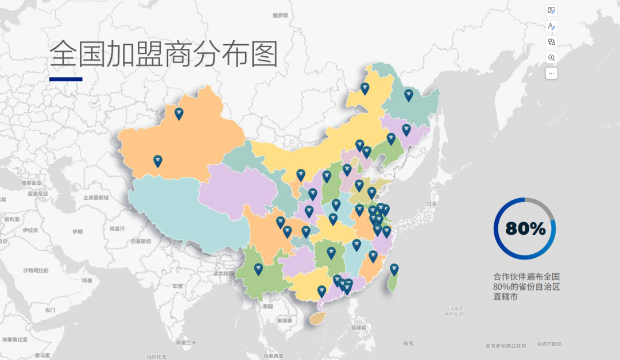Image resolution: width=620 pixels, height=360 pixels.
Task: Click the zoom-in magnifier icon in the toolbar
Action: pyautogui.click(x=552, y=57)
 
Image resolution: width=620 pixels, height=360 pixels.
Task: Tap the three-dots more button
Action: pyautogui.click(x=552, y=73)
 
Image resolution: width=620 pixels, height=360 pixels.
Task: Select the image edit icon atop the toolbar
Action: pyautogui.click(x=552, y=10)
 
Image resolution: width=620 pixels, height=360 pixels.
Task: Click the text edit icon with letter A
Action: pyautogui.click(x=552, y=26)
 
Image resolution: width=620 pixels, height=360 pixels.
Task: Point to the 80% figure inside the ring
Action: pyautogui.click(x=525, y=229)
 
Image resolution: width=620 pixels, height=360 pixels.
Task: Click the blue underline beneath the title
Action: pyautogui.click(x=65, y=79)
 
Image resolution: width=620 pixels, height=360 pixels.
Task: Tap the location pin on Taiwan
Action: pyautogui.click(x=394, y=269)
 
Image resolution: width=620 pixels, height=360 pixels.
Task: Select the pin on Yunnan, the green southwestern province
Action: pyautogui.click(x=258, y=268)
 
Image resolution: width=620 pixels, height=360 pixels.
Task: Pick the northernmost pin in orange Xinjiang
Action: pyautogui.click(x=179, y=113)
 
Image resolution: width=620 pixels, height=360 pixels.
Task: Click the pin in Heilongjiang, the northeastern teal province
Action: pyautogui.click(x=409, y=95)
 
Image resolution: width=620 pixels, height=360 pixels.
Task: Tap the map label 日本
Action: pyautogui.click(x=432, y=204)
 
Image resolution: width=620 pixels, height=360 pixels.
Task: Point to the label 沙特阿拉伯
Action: pyautogui.click(x=36, y=270)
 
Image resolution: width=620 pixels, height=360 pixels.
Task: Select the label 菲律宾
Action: pyautogui.click(x=359, y=327)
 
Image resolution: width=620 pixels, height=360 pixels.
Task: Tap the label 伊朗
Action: pyautogui.click(x=77, y=232)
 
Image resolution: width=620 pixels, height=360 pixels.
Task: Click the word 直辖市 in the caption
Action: pyautogui.click(x=505, y=297)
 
